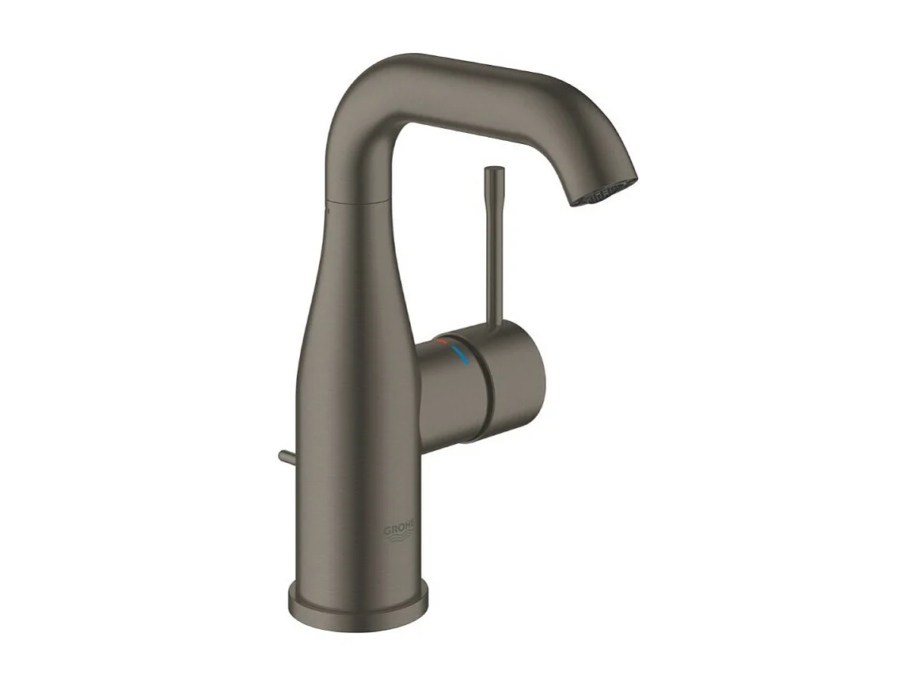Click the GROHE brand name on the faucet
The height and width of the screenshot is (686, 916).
tap(403, 529)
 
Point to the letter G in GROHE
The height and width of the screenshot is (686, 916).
tap(390, 530)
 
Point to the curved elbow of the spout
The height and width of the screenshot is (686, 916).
tap(360, 95)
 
